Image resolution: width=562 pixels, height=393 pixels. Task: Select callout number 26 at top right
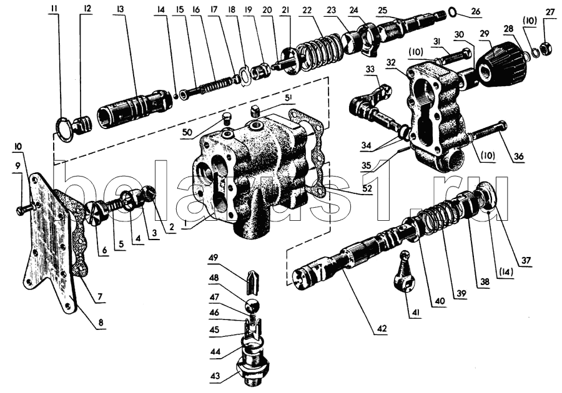pos(476,11)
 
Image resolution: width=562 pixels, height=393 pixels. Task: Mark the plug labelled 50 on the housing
pos(227,120)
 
